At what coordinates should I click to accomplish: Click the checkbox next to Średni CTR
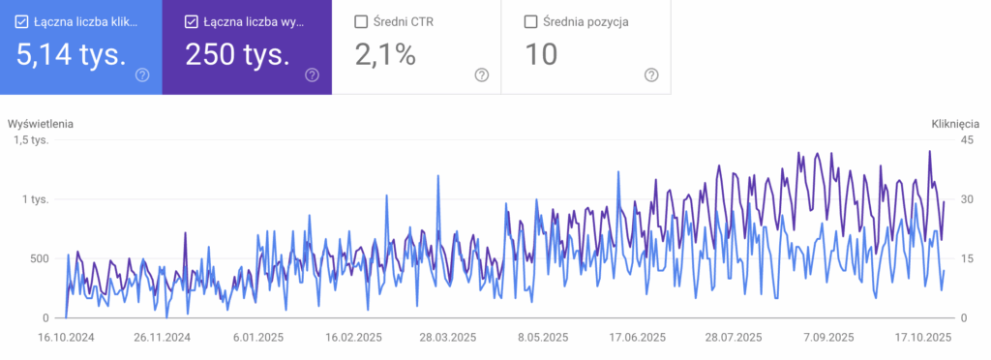click(x=361, y=21)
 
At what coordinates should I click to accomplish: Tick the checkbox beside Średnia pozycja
click(x=530, y=21)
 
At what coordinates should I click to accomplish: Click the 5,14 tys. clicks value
click(x=71, y=55)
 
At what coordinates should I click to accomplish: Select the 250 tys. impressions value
click(x=236, y=55)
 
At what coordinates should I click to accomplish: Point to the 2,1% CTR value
click(x=385, y=55)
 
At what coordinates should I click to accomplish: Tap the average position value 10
click(x=541, y=55)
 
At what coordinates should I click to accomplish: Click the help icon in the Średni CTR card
click(x=482, y=75)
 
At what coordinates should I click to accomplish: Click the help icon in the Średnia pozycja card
click(x=651, y=75)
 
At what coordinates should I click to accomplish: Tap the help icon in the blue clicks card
click(x=143, y=75)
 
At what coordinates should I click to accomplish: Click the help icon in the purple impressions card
click(x=312, y=75)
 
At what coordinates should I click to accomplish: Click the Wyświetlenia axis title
click(x=41, y=124)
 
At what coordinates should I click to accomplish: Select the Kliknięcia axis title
click(x=955, y=124)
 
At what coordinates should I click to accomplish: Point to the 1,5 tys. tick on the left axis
click(x=31, y=141)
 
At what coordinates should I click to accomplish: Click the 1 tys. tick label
click(x=37, y=199)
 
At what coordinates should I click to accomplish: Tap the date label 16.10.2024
click(x=66, y=338)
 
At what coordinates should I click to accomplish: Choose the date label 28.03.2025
click(x=447, y=338)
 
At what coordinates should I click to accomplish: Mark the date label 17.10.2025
click(x=924, y=338)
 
